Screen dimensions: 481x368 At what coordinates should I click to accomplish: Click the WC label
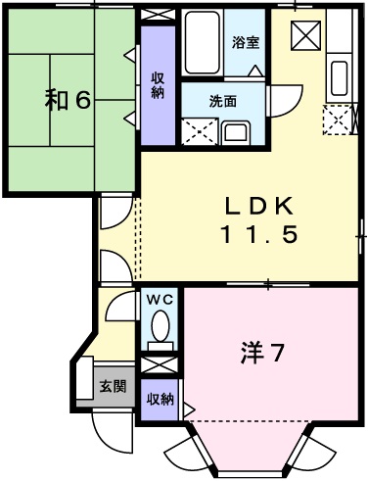pyautogui.click(x=159, y=301)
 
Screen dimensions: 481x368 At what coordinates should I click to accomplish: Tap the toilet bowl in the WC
pyautogui.click(x=160, y=327)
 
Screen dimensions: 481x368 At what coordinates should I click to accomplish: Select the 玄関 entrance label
pyautogui.click(x=112, y=386)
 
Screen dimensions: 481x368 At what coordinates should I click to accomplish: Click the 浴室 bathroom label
pyautogui.click(x=245, y=44)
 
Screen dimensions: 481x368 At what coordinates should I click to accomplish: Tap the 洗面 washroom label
pyautogui.click(x=222, y=100)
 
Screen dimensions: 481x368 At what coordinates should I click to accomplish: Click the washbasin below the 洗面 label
pyautogui.click(x=237, y=131)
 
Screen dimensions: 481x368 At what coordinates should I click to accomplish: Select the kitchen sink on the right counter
pyautogui.click(x=340, y=75)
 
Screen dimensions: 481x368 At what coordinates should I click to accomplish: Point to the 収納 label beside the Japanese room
pyautogui.click(x=158, y=86)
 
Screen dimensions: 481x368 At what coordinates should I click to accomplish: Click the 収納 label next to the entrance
pyautogui.click(x=160, y=399)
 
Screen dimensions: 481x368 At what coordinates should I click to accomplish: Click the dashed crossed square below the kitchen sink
pyautogui.click(x=339, y=120)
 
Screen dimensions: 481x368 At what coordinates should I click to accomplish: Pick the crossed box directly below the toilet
pyautogui.click(x=159, y=364)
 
